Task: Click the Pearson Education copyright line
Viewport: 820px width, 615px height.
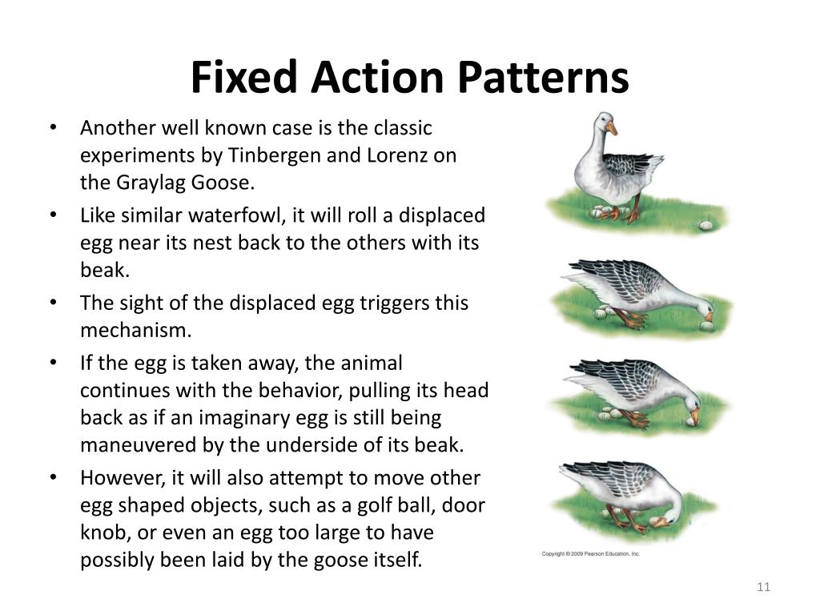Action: click(591, 553)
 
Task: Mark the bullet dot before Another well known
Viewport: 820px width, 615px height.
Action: click(53, 129)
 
